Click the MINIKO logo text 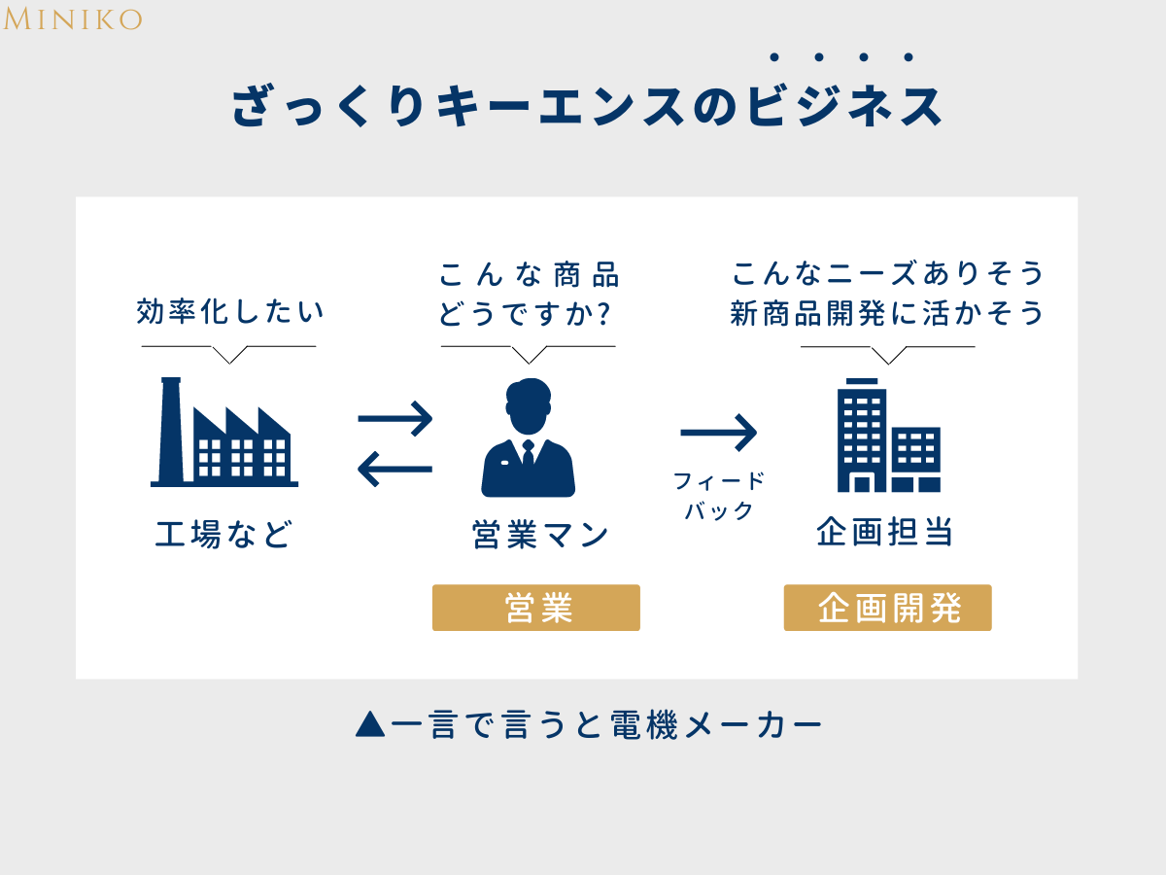(x=73, y=18)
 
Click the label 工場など (x=223, y=535)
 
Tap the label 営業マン (x=540, y=535)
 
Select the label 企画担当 (x=884, y=533)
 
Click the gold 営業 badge (x=536, y=608)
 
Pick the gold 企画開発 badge (x=888, y=608)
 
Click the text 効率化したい (x=229, y=313)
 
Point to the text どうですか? (x=529, y=314)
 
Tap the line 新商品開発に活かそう (x=887, y=313)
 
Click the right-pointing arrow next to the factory (x=395, y=419)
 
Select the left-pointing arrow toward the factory (x=394, y=471)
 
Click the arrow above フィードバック (x=719, y=432)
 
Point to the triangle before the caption (x=370, y=724)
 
